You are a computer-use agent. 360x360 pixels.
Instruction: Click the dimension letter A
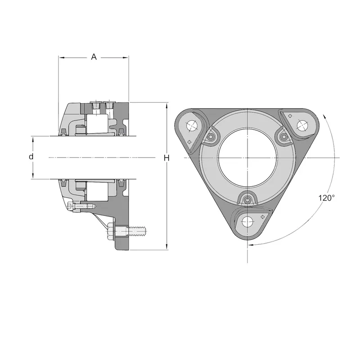click(94, 57)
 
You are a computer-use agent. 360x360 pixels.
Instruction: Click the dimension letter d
click(31, 157)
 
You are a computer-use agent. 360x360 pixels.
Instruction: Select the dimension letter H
click(166, 158)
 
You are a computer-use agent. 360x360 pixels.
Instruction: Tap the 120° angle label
click(327, 198)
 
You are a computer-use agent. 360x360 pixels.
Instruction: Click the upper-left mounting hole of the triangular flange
click(192, 126)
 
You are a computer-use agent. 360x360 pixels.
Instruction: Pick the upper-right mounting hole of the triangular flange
click(302, 126)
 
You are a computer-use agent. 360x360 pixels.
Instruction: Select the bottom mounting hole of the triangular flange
click(247, 221)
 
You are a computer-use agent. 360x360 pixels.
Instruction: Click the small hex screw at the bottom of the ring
click(247, 200)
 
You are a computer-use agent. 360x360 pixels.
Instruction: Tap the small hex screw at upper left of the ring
click(210, 137)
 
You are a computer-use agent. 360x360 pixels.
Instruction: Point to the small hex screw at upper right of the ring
click(284, 137)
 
